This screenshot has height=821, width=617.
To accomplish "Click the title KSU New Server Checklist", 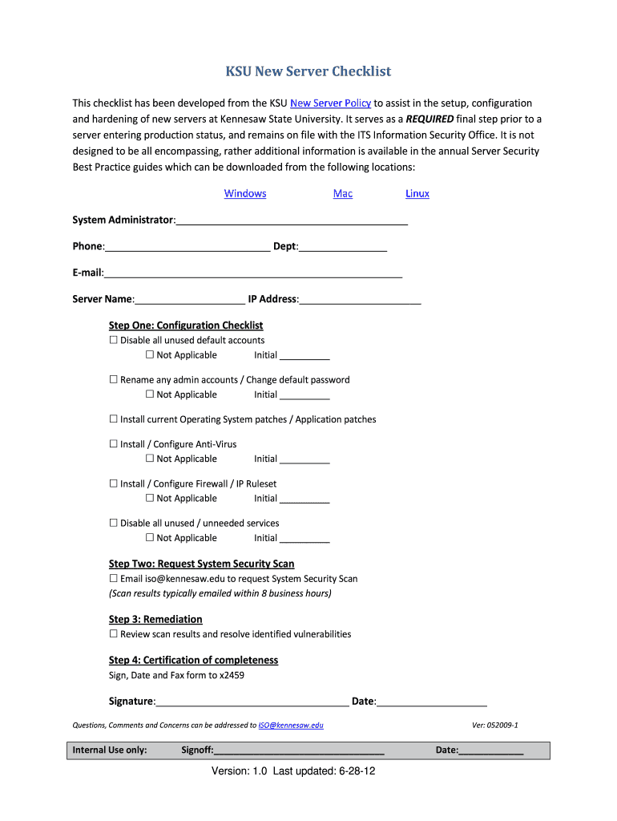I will [x=308, y=71].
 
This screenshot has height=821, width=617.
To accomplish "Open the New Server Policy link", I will [x=330, y=103].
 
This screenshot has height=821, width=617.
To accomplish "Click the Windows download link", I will [x=245, y=193].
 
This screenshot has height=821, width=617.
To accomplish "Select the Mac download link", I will [x=342, y=193].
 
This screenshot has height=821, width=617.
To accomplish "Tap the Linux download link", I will [x=417, y=193].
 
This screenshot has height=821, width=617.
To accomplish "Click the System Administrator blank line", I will [x=292, y=220].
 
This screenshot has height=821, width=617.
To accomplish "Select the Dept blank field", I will [x=343, y=247].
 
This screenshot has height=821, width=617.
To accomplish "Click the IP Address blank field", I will [x=360, y=300].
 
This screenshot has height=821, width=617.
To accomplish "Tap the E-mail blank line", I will [x=252, y=273].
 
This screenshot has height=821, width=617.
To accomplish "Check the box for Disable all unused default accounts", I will [x=114, y=341].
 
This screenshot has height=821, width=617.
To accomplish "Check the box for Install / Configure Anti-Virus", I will [x=114, y=444].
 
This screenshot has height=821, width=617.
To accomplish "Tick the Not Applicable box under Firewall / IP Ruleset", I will [x=150, y=499].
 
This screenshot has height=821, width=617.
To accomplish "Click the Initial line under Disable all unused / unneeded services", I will [x=304, y=539].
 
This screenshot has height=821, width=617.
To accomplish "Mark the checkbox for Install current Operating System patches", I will [x=114, y=419].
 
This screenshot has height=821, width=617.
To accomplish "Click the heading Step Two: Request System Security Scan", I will [x=201, y=564].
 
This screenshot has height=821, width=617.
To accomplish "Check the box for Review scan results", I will [x=114, y=634].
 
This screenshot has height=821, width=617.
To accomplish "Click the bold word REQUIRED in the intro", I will [x=429, y=118].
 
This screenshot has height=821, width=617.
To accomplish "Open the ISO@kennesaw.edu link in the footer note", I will [x=290, y=726].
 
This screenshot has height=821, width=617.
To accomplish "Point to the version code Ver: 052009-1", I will [x=495, y=726].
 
